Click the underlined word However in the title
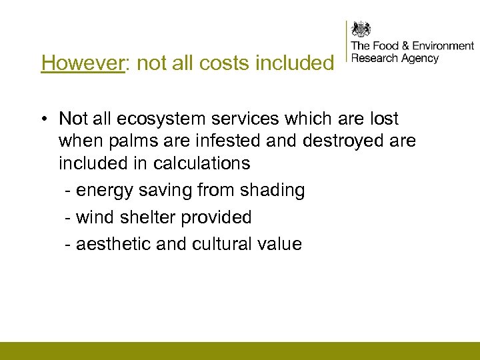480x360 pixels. (x=83, y=63)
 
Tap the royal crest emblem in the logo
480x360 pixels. (x=361, y=29)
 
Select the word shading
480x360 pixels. (x=272, y=190)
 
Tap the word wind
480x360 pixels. (x=96, y=217)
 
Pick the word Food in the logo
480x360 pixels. (x=386, y=46)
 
